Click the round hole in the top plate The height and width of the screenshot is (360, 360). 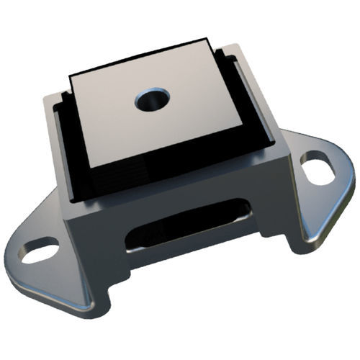152,99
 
